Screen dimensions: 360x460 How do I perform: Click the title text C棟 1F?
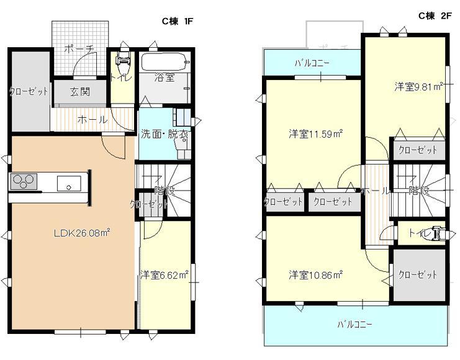tap(179, 21)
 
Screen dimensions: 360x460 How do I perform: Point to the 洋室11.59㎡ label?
tap(315, 133)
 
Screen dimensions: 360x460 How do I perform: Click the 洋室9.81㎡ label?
tap(418, 87)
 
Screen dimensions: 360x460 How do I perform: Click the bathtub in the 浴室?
tap(163, 62)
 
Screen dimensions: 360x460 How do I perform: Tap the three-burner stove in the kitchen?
tap(24, 182)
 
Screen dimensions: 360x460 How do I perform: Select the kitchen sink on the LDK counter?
tap(68, 183)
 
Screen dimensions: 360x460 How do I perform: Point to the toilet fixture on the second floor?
tap(438, 233)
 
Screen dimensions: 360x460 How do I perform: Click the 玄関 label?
tap(79, 92)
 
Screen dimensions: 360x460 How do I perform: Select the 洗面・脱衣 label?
tap(165, 133)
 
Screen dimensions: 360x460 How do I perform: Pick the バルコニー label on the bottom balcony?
tap(355, 325)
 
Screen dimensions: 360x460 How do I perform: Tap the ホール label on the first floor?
tap(92, 120)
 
